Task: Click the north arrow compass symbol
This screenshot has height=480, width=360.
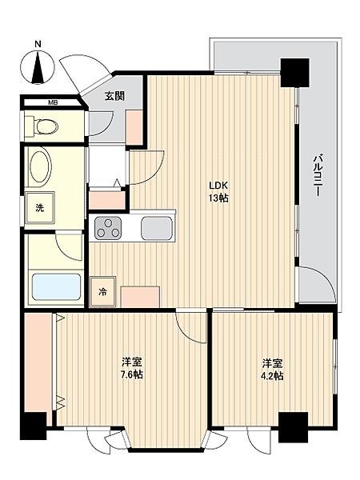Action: point(38,68)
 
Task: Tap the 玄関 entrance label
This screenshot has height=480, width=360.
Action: point(115,96)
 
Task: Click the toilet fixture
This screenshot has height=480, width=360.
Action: point(42,126)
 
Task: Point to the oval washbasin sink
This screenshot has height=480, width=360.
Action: point(40,166)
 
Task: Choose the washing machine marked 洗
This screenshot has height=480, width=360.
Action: point(40,208)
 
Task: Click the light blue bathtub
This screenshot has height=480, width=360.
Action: point(57,287)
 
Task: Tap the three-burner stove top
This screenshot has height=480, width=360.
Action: point(107,228)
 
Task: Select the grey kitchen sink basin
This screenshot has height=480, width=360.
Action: point(156,228)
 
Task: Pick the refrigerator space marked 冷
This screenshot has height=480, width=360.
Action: point(102,292)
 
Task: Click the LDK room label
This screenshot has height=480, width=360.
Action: point(218,186)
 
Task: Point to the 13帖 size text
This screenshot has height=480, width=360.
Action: point(218,198)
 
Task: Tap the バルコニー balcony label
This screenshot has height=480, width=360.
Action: point(317,176)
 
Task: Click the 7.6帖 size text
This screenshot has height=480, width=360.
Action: point(132,374)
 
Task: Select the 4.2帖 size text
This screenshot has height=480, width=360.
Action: point(272,375)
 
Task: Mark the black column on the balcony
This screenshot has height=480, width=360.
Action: point(294,73)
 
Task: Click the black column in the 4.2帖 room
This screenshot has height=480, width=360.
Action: point(293,427)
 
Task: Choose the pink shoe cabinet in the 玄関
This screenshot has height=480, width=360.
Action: point(134,128)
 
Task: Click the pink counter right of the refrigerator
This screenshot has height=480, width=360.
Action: point(140,297)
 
